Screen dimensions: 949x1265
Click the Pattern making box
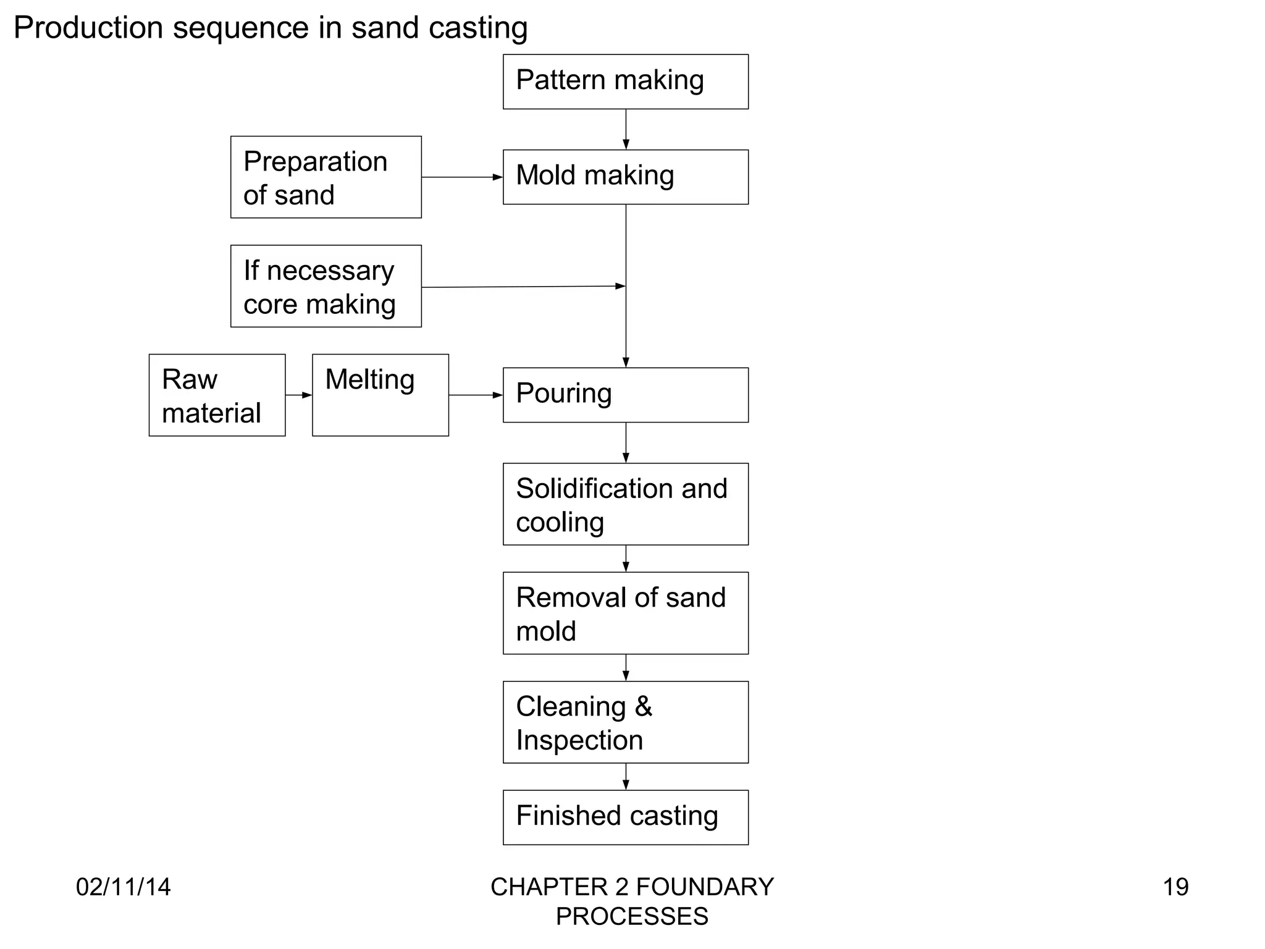[625, 82]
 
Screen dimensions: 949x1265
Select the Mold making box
[625, 177]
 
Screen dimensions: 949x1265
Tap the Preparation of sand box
[326, 177]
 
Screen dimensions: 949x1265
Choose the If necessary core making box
[326, 286]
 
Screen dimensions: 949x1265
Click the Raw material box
[217, 395]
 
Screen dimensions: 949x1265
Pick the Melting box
[380, 395]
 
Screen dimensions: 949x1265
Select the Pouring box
[625, 395]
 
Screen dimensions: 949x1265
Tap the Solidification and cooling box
[625, 504]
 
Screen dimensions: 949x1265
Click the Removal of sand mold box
[625, 613]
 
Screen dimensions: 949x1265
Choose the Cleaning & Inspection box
[625, 722]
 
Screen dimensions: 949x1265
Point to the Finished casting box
[625, 817]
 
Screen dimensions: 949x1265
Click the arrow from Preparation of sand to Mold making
[462, 177]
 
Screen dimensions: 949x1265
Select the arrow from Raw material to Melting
[299, 395]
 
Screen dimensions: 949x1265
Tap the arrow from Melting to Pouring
[476, 395]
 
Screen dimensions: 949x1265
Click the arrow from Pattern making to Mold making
[626, 129]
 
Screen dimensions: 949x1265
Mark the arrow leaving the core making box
[523, 287]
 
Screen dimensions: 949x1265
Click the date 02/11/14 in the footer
[123, 887]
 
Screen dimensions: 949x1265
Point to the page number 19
[1175, 887]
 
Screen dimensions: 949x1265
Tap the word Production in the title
[88, 28]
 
